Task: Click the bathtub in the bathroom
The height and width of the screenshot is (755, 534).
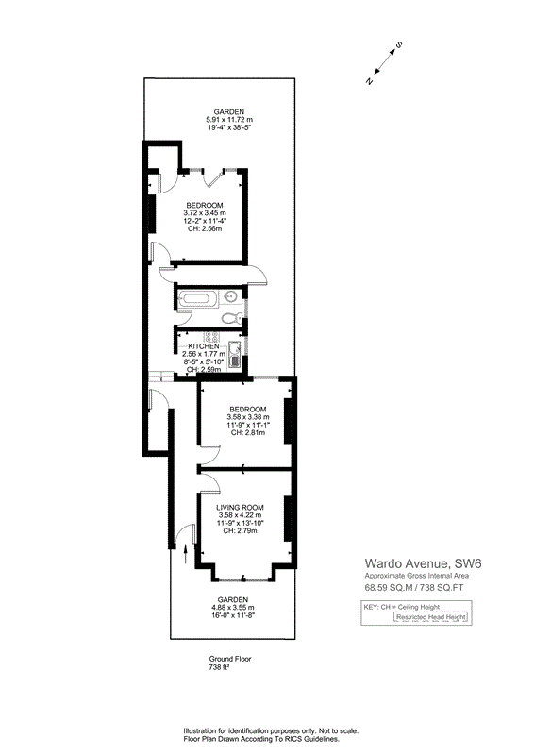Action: coord(196,299)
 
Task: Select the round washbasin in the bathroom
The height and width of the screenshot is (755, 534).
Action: coord(230,296)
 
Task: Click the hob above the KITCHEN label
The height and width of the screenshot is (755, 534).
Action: coord(211,337)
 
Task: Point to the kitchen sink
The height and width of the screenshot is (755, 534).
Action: coord(235,355)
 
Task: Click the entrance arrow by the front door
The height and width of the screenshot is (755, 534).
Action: coord(186,553)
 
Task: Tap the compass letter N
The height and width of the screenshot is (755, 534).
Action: coord(370,81)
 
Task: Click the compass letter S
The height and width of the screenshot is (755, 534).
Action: coord(399,45)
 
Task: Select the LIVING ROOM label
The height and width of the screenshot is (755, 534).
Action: coord(240,507)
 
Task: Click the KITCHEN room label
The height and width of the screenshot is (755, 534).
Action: coord(204,346)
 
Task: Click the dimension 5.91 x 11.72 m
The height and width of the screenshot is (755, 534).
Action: coord(229,120)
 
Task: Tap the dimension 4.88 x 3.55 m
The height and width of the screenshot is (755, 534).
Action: coord(233,608)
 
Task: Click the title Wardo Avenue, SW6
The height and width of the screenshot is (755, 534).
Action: coord(424,563)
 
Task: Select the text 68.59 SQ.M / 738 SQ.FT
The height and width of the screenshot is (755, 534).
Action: coord(414,587)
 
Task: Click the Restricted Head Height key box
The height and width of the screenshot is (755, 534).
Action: coord(431,617)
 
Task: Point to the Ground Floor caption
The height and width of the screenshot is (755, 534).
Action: coord(230,659)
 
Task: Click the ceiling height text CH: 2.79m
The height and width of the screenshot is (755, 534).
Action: coord(240,530)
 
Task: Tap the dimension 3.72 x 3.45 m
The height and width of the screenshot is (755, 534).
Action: coord(205,213)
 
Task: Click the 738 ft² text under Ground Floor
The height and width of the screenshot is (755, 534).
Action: coord(219,667)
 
